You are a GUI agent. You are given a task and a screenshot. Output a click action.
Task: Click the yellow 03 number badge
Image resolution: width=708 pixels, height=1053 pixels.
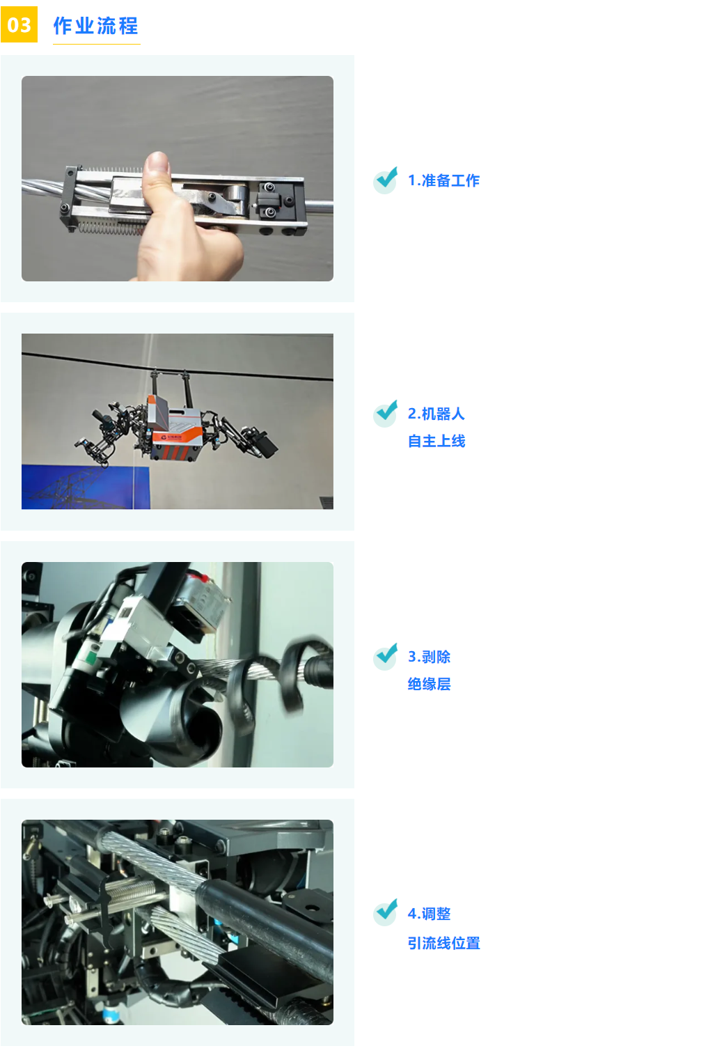tap(19, 24)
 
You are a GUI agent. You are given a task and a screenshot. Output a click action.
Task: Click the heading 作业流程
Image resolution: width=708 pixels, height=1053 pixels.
tap(96, 25)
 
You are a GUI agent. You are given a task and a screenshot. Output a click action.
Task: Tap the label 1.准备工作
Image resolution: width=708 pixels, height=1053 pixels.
tap(443, 180)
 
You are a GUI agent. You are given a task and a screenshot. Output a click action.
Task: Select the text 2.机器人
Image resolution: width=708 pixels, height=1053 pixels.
tap(436, 414)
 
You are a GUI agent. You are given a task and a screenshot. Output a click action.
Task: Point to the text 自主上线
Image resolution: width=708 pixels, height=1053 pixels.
tap(436, 441)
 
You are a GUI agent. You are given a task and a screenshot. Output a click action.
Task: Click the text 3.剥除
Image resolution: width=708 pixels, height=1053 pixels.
tap(429, 657)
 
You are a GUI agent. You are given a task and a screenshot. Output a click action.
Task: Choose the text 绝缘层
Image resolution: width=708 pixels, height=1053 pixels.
tap(429, 684)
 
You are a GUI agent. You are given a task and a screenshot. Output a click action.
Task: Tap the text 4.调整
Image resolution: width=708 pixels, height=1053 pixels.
tap(429, 914)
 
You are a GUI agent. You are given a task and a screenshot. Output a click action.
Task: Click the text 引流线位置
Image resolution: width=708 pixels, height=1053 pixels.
tap(443, 943)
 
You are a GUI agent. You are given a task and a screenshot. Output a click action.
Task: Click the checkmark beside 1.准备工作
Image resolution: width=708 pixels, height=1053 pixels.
tap(386, 180)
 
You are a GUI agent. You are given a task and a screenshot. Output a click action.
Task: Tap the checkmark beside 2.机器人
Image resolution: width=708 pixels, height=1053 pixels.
tap(386, 413)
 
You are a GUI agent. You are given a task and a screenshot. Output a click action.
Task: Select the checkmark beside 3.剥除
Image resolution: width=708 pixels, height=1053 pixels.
tap(386, 656)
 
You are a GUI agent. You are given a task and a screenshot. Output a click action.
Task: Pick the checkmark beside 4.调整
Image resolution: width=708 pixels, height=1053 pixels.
tap(386, 912)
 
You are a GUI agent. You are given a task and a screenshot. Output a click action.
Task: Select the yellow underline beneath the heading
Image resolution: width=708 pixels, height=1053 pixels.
tap(96, 44)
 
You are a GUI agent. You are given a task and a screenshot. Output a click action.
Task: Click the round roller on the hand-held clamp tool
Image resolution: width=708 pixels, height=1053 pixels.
tap(235, 194)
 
